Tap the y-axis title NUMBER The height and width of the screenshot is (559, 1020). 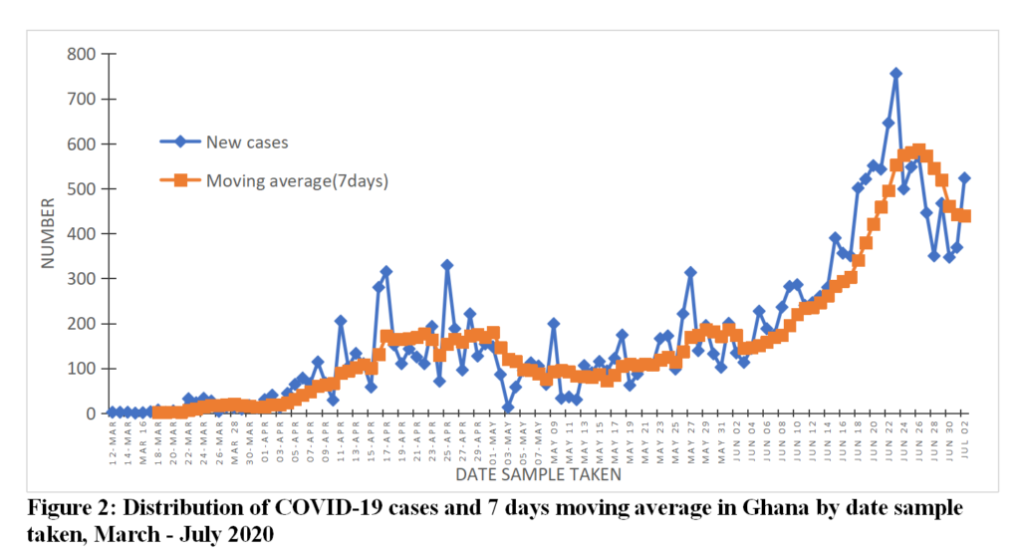[47, 234]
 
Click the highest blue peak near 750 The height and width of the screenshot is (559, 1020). [895, 74]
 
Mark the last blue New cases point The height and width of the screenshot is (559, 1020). [965, 178]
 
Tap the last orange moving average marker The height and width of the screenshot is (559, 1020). [965, 216]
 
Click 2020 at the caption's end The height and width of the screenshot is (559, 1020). [250, 534]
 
